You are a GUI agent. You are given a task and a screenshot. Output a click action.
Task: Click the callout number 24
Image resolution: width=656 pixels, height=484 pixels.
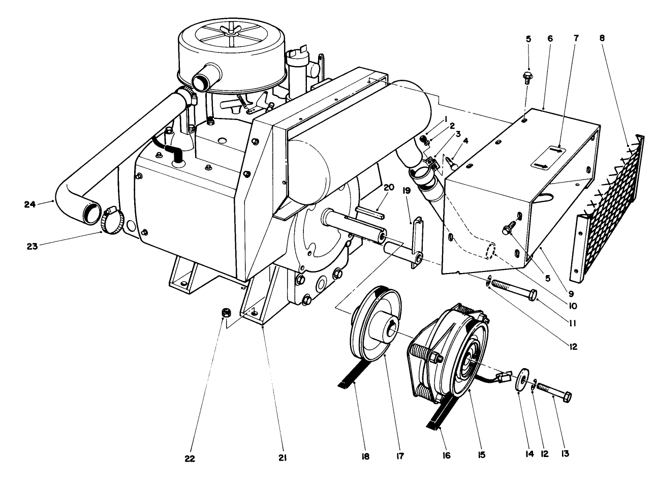click(x=29, y=204)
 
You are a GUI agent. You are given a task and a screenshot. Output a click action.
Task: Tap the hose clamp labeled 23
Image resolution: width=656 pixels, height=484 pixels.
click(x=110, y=222)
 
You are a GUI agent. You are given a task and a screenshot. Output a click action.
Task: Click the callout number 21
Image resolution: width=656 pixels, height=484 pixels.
click(x=283, y=458)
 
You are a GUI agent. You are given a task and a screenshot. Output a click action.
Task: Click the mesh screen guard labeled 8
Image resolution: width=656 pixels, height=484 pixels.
click(x=607, y=208)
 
